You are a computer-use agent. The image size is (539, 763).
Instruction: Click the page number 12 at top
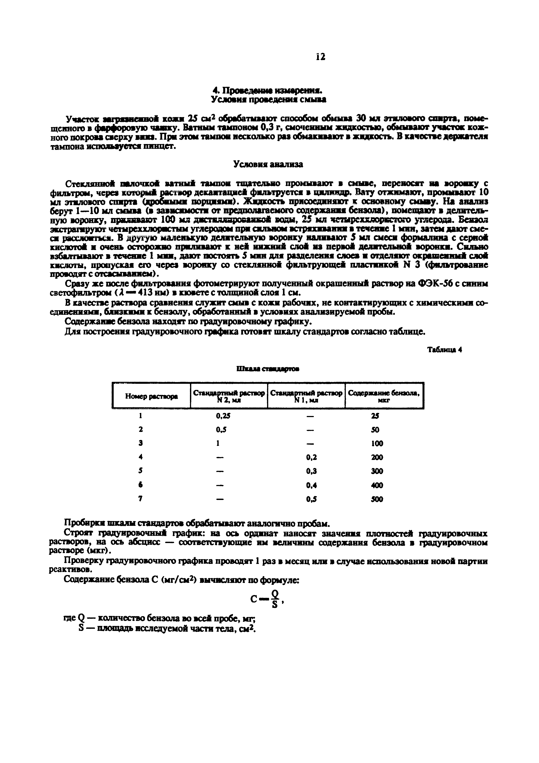pos(321,57)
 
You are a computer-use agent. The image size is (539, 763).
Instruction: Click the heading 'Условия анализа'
pos(268,164)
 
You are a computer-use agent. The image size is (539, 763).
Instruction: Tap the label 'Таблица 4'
pos(444,350)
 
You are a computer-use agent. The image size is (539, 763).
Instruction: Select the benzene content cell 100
pos(377,443)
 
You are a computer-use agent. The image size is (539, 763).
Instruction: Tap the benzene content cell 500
pos(377,499)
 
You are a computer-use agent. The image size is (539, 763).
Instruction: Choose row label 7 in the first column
pos(141,499)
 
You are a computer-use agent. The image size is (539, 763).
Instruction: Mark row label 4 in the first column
pos(141,457)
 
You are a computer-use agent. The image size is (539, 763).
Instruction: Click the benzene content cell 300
pos(377,471)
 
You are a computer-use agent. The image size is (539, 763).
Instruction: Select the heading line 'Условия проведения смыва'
pos(268,99)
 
